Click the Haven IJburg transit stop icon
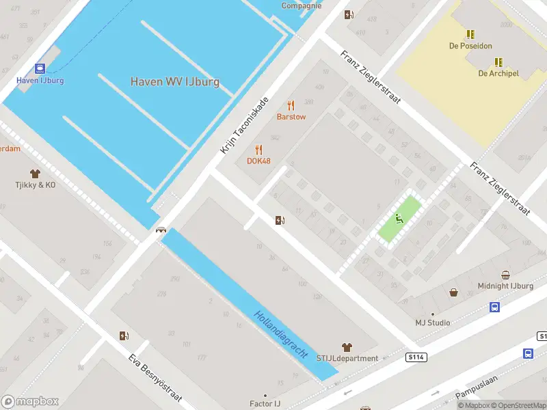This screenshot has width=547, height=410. pyautogui.click(x=40, y=68)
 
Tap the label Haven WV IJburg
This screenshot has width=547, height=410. pyautogui.click(x=175, y=82)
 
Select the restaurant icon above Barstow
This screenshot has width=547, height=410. pyautogui.click(x=291, y=105)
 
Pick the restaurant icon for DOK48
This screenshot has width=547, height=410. pyautogui.click(x=258, y=150)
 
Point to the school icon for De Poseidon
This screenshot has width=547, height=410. pyautogui.click(x=470, y=34)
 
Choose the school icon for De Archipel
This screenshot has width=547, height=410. pyautogui.click(x=498, y=61)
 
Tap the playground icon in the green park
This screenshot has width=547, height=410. pyautogui.click(x=399, y=219)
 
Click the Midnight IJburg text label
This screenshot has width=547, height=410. pyautogui.click(x=505, y=286)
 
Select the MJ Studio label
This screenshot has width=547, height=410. pyautogui.click(x=433, y=323)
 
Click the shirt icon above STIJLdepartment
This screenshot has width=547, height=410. pyautogui.click(x=347, y=347)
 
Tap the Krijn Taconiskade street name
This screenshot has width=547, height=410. pyautogui.click(x=244, y=126)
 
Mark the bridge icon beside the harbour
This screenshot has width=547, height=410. pyautogui.click(x=161, y=230)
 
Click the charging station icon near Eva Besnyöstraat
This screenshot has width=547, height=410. pyautogui.click(x=124, y=336)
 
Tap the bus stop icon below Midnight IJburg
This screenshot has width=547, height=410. pyautogui.click(x=494, y=307)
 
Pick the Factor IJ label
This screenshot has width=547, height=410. pyautogui.click(x=265, y=404)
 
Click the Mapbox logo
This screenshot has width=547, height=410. pyautogui.click(x=31, y=401)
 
